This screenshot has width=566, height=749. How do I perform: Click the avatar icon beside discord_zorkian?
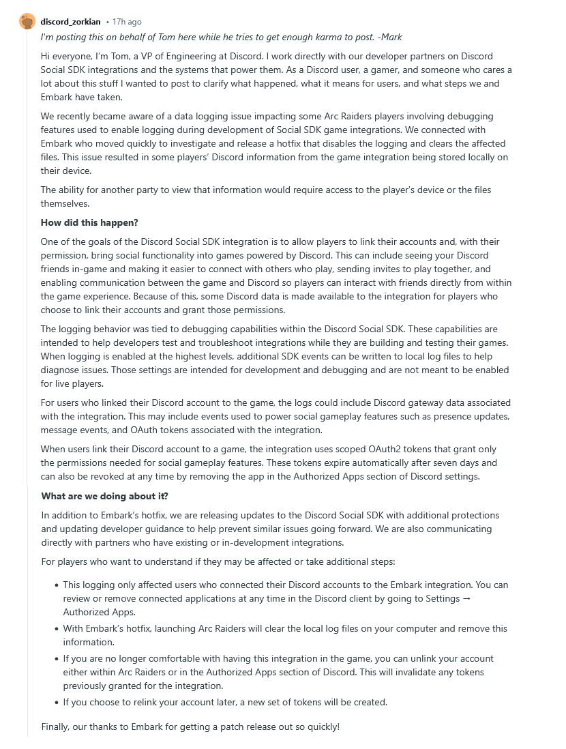click(x=27, y=21)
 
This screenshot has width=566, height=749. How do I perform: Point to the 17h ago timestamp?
click(x=126, y=22)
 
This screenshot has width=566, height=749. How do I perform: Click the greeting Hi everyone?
click(x=65, y=56)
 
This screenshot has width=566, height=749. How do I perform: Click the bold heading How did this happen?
click(x=89, y=222)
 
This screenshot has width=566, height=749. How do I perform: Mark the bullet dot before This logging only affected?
click(x=56, y=585)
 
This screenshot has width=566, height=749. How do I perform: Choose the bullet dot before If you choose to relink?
click(x=56, y=703)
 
